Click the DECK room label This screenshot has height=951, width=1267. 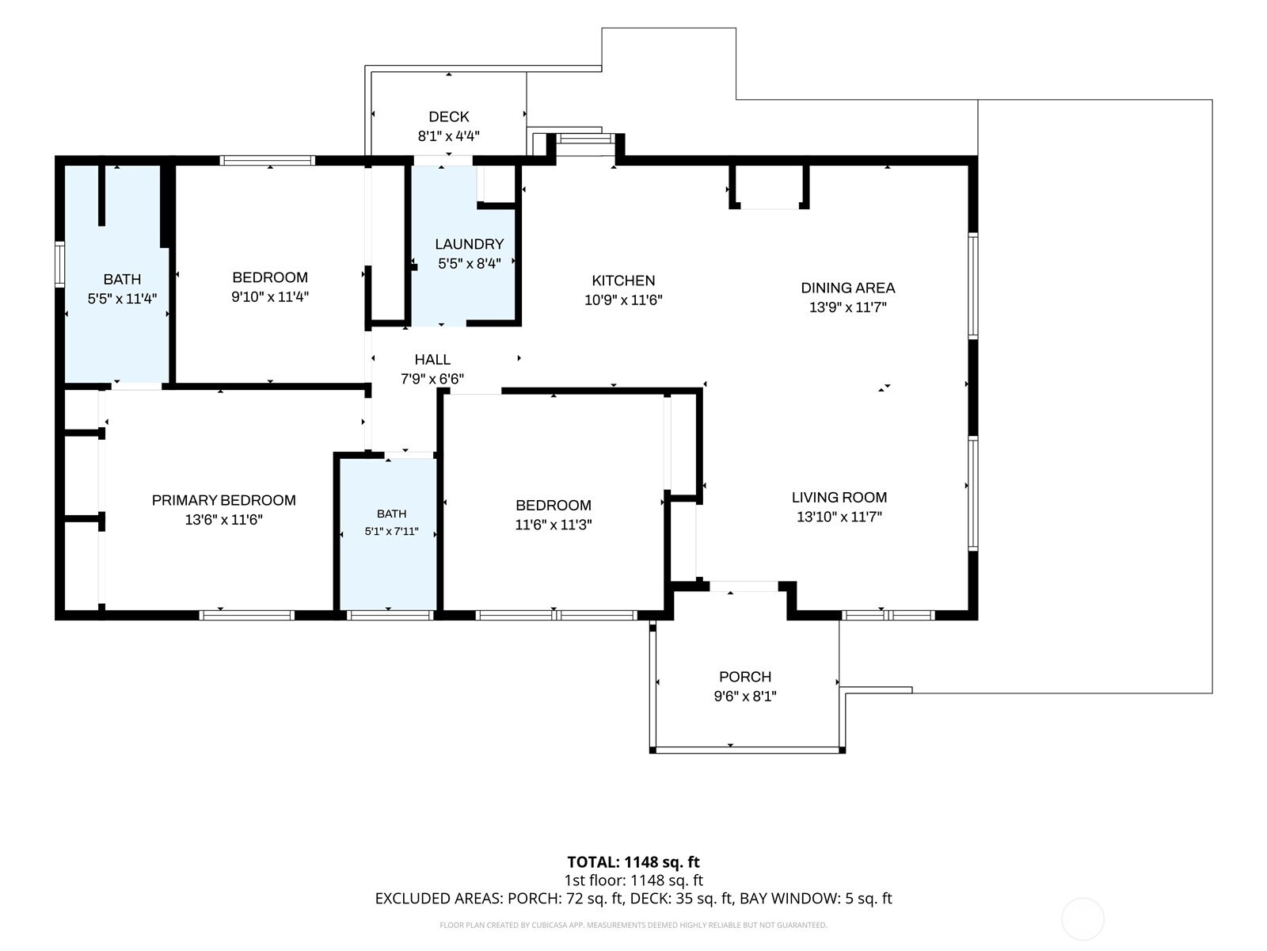point(448,116)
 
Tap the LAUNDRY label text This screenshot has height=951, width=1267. point(470,244)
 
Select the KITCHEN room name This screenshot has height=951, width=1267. point(623,281)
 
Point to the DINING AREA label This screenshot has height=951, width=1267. point(848,288)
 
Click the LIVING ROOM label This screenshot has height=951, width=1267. point(839,497)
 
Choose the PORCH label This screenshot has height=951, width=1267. point(745,677)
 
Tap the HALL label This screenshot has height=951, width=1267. point(432,360)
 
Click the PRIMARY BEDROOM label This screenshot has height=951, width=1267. point(224,500)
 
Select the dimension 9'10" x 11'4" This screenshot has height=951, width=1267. point(270,296)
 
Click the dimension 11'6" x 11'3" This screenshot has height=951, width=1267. point(554,525)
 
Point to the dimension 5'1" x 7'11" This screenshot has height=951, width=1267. point(391,531)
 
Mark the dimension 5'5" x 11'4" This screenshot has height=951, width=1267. point(123,299)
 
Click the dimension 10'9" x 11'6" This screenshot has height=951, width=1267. point(623,300)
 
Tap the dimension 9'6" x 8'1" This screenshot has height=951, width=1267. point(745,697)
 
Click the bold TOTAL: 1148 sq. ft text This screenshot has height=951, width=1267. point(633,862)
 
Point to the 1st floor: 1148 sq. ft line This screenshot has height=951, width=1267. point(633,880)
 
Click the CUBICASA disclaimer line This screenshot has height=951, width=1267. point(633,925)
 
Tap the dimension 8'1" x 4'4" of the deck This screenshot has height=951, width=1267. point(448,136)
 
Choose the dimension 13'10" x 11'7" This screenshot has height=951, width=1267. point(839,517)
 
